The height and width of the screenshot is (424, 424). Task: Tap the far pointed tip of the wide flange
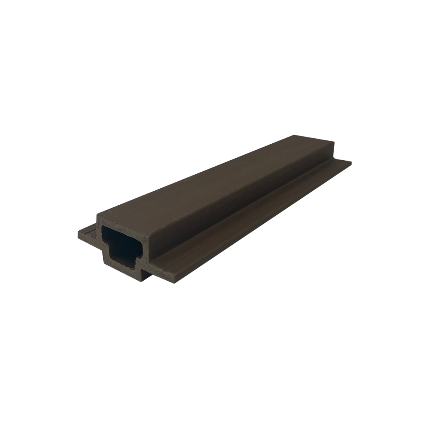[351, 162]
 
